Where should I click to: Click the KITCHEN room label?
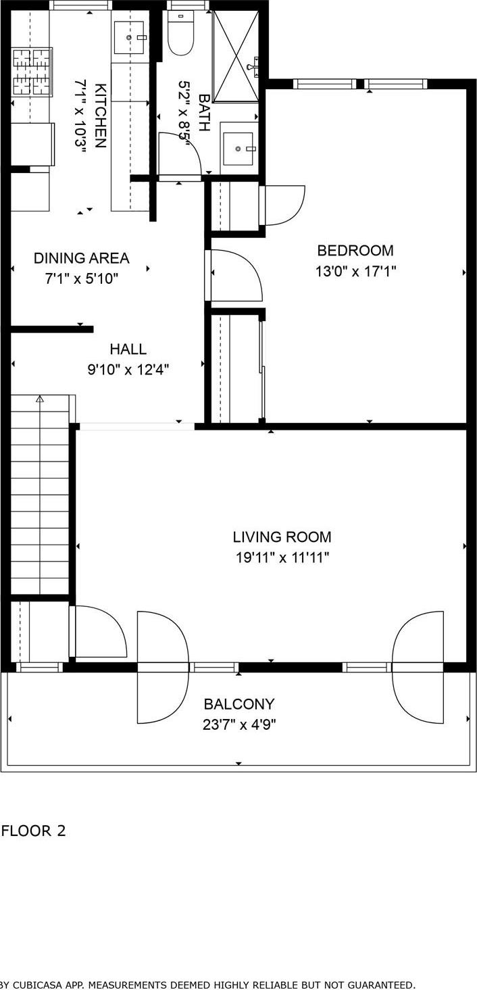100,116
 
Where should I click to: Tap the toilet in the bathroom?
180,38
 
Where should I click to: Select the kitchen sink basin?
130,37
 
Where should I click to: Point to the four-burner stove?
32,72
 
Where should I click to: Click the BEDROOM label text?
355,251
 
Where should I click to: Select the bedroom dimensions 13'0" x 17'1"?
355,272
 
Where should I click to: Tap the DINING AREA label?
81,258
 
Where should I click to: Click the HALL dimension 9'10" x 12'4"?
128,370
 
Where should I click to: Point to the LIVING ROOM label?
282,537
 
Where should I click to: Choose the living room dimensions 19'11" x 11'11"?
282,558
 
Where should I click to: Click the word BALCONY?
239,704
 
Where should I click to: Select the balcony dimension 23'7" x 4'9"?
239,724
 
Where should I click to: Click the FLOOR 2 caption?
34,831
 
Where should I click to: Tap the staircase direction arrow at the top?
40,399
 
